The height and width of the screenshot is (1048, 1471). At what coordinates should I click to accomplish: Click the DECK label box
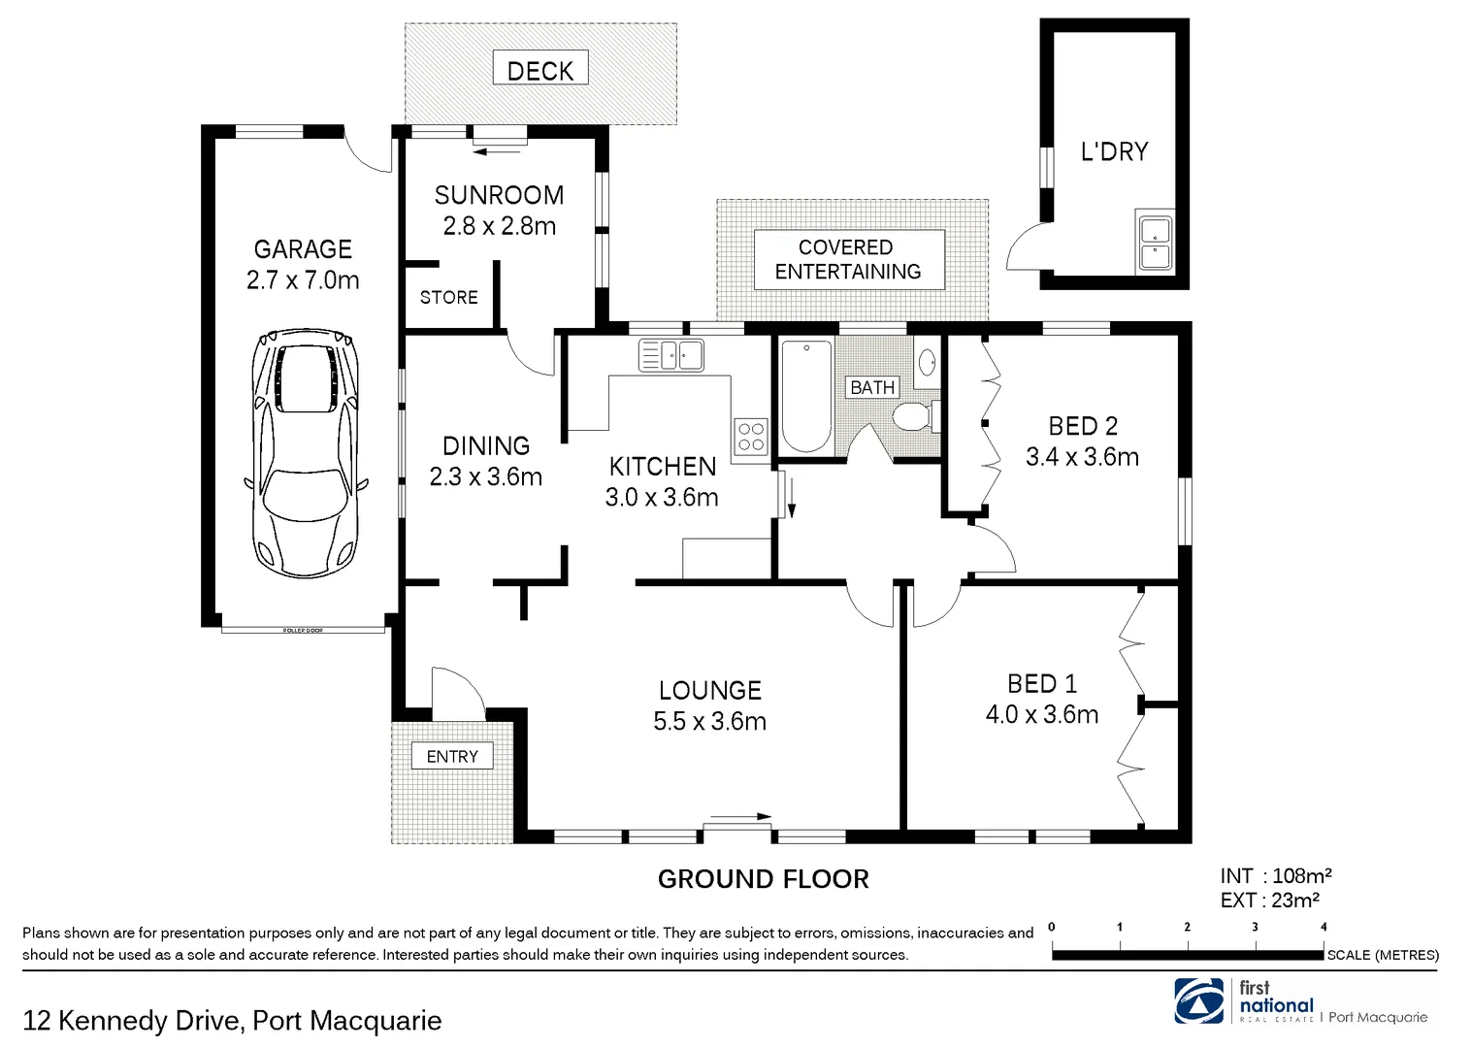point(540,70)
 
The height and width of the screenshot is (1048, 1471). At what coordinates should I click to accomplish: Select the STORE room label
point(448,297)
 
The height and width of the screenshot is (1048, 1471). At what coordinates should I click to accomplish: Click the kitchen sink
point(670,354)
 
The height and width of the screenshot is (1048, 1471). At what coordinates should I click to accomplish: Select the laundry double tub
point(1154,244)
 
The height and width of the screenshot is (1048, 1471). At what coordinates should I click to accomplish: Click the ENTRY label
point(452,756)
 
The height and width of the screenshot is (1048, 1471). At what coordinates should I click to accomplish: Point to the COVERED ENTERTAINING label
point(848,259)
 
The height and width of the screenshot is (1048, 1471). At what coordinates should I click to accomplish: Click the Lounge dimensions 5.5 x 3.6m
point(710,721)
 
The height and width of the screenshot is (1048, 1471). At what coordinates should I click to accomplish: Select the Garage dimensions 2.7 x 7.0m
point(303,280)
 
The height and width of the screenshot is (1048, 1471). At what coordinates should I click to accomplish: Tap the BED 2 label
point(1083,425)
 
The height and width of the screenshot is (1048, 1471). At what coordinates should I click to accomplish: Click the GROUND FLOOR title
point(763,879)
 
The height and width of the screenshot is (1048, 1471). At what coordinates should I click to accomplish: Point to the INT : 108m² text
point(1275,876)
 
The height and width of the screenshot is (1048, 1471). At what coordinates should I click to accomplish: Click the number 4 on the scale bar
point(1324,927)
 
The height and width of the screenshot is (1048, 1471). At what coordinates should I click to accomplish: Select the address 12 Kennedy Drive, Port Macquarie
point(232,1021)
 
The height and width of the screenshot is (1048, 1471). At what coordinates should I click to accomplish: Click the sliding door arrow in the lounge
point(740,816)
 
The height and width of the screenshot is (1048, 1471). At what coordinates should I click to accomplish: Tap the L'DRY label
point(1114,151)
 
